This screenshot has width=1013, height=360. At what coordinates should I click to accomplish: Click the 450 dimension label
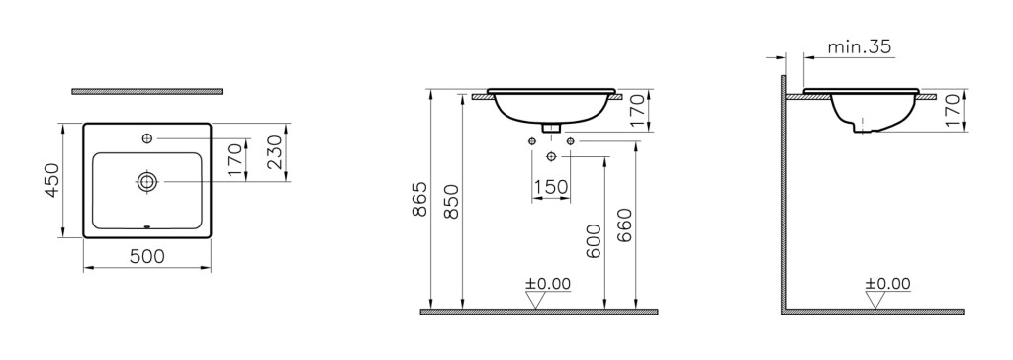[x=52, y=181]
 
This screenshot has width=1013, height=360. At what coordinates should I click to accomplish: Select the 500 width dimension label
[x=147, y=256]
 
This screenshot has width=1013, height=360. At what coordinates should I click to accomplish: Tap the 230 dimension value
[x=275, y=152]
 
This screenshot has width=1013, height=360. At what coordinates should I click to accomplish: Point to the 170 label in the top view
[x=235, y=159]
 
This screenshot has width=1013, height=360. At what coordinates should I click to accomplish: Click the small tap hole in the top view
[x=148, y=138]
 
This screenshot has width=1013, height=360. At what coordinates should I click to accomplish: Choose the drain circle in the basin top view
[x=148, y=182]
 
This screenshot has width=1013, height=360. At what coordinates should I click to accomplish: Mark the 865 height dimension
[x=419, y=200]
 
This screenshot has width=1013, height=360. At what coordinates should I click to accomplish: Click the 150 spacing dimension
[x=550, y=188]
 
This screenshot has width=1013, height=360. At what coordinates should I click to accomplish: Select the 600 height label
[x=595, y=241]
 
